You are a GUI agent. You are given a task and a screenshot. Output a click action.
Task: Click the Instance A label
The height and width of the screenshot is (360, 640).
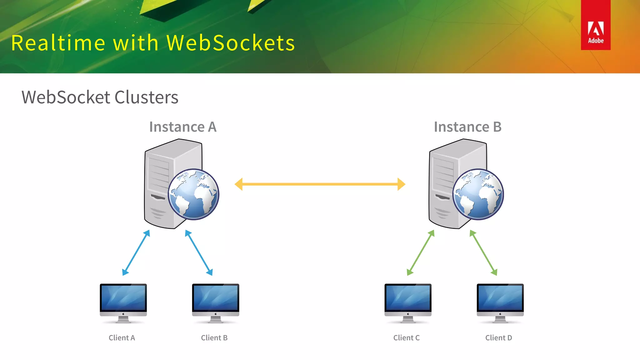183,127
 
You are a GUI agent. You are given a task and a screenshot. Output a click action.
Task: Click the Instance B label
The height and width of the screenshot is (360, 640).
467,127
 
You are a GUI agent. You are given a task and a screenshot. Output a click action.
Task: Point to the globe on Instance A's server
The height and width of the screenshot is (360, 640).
193,194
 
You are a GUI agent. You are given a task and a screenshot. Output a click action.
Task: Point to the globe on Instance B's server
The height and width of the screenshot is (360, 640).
478,194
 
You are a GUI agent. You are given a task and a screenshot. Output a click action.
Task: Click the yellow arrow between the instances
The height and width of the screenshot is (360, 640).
320,184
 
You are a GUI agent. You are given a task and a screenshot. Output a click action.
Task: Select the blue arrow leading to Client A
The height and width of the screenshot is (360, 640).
136,252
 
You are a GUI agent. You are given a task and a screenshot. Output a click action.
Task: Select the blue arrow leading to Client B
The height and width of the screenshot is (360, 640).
199,252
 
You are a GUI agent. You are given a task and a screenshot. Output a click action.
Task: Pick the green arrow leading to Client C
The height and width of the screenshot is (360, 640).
421,252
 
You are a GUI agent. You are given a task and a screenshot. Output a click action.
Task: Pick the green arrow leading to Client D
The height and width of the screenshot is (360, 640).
483,252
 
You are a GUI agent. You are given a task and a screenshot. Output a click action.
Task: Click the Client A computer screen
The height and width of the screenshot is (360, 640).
123,298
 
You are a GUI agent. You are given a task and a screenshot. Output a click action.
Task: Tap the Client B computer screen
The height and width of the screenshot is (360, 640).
215,298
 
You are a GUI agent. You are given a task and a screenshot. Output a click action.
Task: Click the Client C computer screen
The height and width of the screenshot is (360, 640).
408,298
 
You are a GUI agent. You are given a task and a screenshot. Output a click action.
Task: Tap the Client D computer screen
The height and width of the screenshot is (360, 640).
500,298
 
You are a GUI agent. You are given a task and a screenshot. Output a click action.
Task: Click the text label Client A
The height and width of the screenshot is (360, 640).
122,338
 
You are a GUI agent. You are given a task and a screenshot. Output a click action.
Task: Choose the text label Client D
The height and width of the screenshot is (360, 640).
498,338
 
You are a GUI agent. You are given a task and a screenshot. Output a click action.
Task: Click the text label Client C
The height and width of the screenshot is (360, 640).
406,338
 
